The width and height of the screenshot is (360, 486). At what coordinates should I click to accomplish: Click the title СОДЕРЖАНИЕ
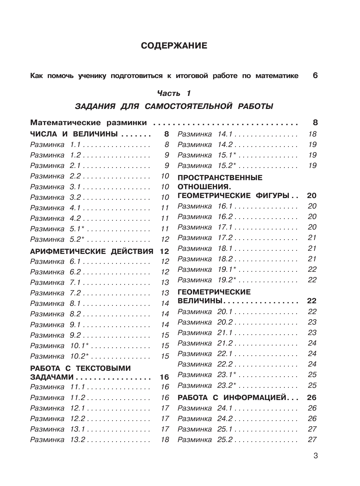[x=174, y=46]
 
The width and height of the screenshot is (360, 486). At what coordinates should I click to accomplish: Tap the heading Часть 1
[x=174, y=93]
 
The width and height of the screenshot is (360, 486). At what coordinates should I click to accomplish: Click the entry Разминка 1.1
[x=56, y=145]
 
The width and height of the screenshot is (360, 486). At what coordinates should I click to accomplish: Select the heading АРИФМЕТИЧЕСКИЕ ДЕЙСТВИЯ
[x=92, y=251]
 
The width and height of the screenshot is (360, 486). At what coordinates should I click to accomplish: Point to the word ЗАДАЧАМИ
[x=52, y=377]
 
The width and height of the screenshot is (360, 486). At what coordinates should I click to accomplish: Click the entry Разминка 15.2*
[x=207, y=166]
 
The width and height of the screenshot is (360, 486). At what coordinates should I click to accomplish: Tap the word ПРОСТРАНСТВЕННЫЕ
[x=220, y=178]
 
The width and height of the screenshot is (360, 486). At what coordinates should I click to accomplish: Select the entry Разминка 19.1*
[x=207, y=270]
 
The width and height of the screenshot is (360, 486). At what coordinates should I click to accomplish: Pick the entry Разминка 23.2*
[x=207, y=386]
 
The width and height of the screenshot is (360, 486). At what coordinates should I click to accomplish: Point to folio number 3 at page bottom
[x=315, y=456]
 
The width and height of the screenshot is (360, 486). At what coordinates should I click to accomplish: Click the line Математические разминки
[x=88, y=123]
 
